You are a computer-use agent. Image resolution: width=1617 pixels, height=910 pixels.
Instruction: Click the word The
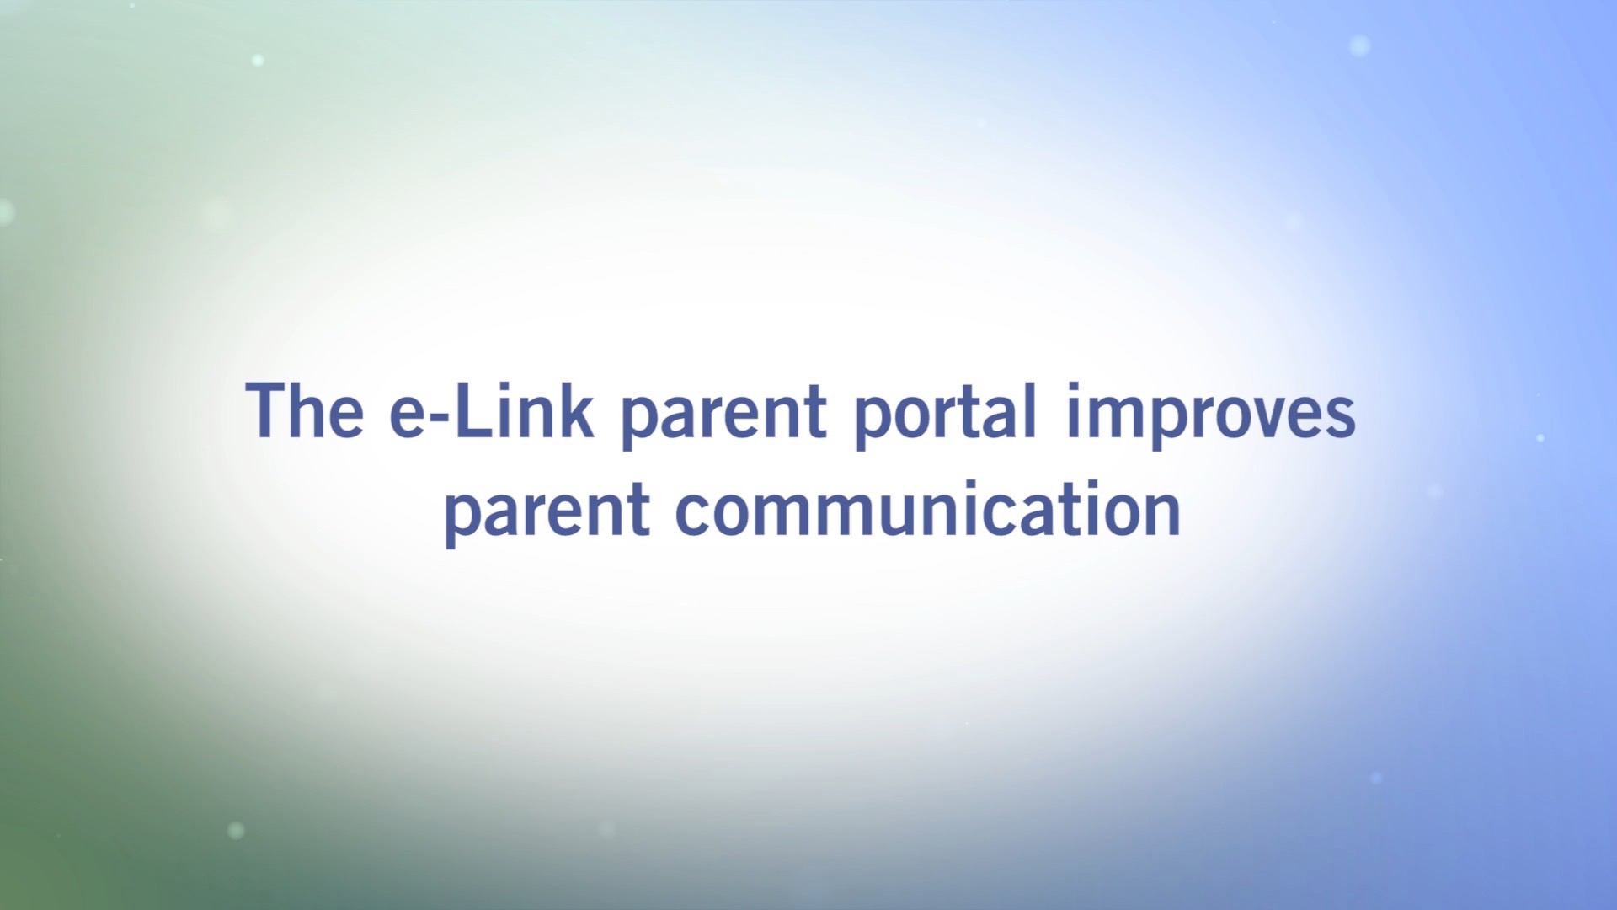[304, 410]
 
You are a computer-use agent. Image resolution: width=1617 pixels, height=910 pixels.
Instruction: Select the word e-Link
[491, 410]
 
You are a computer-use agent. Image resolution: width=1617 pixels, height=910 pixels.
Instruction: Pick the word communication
[928, 508]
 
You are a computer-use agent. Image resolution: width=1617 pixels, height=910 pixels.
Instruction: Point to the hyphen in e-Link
[440, 417]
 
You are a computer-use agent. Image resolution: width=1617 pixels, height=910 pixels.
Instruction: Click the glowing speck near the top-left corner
[258, 61]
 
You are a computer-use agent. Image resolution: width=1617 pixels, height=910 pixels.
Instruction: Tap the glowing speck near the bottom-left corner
[236, 830]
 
